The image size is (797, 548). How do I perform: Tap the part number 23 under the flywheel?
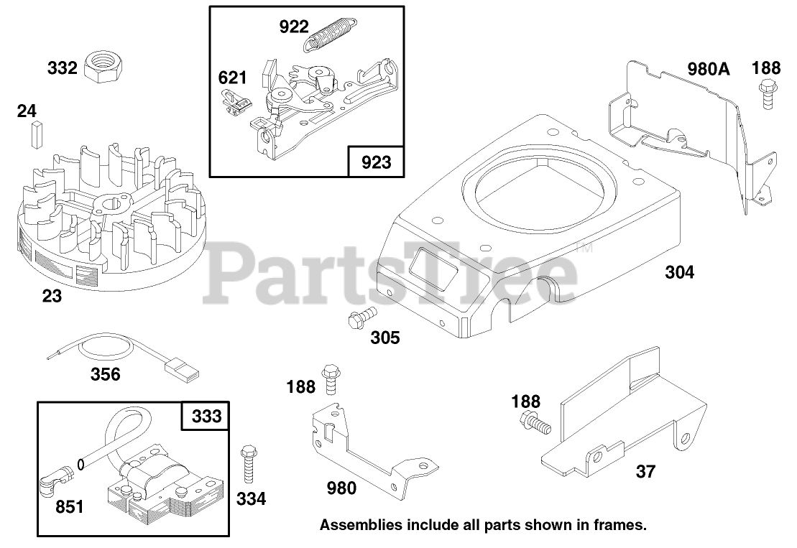click(52, 295)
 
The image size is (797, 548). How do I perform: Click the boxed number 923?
click(376, 162)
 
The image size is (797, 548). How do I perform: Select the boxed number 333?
click(206, 417)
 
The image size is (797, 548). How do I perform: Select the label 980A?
click(708, 69)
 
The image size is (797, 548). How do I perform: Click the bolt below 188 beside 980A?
click(767, 95)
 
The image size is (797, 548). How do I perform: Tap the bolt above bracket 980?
click(331, 379)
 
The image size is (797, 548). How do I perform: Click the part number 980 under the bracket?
click(341, 488)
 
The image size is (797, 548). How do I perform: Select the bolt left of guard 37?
click(536, 424)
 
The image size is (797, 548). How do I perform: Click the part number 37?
click(645, 472)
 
